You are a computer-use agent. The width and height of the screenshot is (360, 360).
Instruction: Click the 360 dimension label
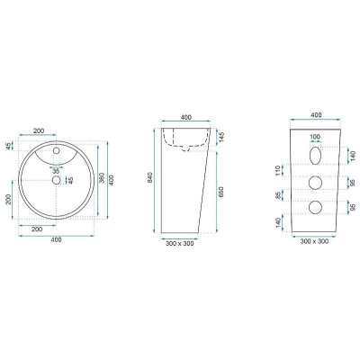(x=102, y=178)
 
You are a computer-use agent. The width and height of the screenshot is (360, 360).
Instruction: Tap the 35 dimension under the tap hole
(x=56, y=171)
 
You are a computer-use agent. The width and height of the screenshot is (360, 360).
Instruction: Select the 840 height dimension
(x=150, y=177)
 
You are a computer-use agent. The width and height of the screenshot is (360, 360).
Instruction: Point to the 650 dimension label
(x=221, y=193)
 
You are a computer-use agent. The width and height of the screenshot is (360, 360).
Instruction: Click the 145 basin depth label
(x=222, y=137)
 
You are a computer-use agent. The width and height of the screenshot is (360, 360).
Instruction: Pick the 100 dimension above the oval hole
(x=315, y=137)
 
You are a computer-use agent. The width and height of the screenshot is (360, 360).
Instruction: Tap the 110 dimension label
(x=277, y=170)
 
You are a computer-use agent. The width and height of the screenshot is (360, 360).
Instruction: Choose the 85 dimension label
(x=277, y=195)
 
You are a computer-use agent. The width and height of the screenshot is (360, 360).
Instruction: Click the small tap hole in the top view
(x=57, y=151)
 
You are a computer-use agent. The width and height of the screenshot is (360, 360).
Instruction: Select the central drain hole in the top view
(x=56, y=180)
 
